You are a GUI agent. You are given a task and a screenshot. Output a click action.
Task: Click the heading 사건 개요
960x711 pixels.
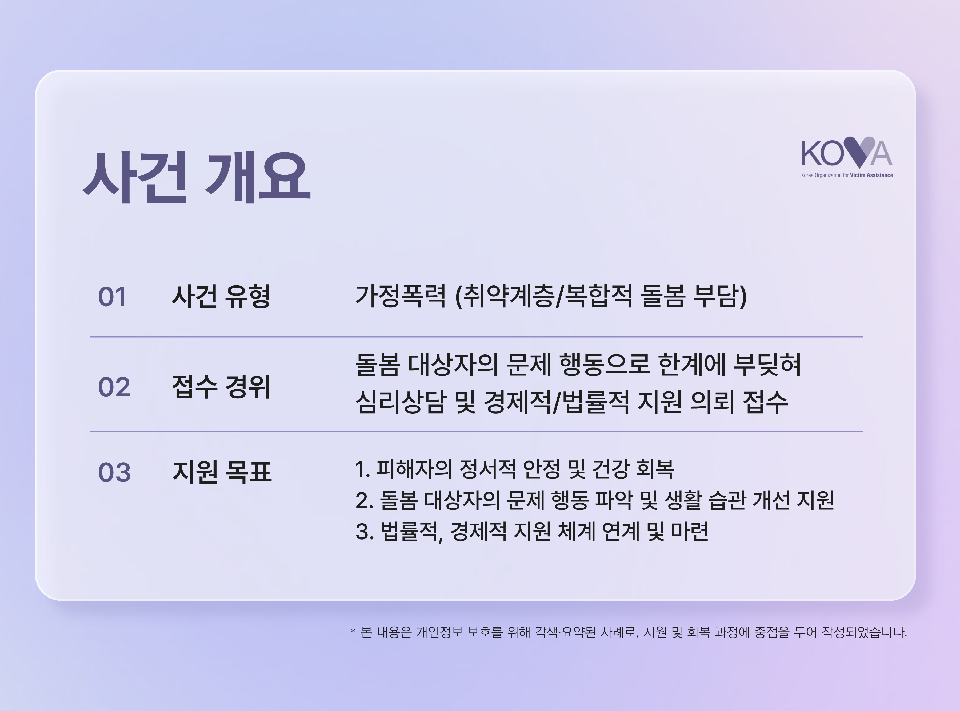pos(197,177)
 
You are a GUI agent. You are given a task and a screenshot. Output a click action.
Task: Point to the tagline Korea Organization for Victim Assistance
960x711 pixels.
pos(847,175)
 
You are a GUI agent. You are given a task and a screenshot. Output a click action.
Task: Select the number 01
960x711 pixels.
pos(112,297)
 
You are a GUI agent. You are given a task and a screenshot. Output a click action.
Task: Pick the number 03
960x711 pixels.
pos(114,473)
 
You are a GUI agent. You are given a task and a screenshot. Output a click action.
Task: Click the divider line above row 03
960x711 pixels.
pos(476,431)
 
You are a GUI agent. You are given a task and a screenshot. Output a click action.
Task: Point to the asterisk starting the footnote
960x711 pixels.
pos(353,631)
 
